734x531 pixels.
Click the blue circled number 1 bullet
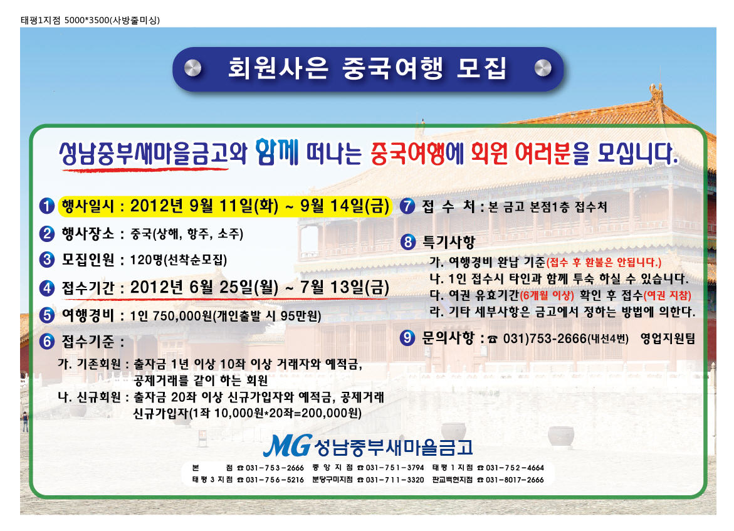tap(47, 206)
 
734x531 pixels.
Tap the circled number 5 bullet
tap(47, 315)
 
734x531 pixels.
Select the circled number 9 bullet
tap(407, 338)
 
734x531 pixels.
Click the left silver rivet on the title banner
tap(192, 68)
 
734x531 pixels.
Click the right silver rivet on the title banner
tap(543, 68)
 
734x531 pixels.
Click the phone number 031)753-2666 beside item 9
tap(545, 338)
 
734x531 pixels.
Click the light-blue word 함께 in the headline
tap(277, 152)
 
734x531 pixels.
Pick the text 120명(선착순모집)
tap(179, 260)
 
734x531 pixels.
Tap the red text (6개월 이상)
tap(547, 295)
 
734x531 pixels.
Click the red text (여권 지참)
tap(668, 295)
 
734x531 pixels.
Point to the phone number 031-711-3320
tap(395, 480)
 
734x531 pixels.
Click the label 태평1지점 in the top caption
tap(41, 20)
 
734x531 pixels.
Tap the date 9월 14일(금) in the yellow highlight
tap(345, 206)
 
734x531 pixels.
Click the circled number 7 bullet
tap(407, 206)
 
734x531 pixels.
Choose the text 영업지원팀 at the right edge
tap(668, 338)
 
